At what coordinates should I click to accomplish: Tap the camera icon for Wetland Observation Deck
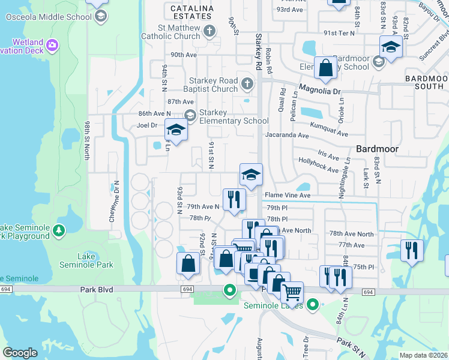tap(52, 45)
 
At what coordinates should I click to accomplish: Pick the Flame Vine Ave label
tap(288, 195)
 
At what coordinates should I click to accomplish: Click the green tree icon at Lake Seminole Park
tap(58, 230)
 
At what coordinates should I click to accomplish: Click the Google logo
tap(20, 352)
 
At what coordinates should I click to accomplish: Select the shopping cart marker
tap(292, 293)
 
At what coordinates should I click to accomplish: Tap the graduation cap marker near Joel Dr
tap(176, 130)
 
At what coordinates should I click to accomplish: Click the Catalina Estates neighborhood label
tap(191, 8)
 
